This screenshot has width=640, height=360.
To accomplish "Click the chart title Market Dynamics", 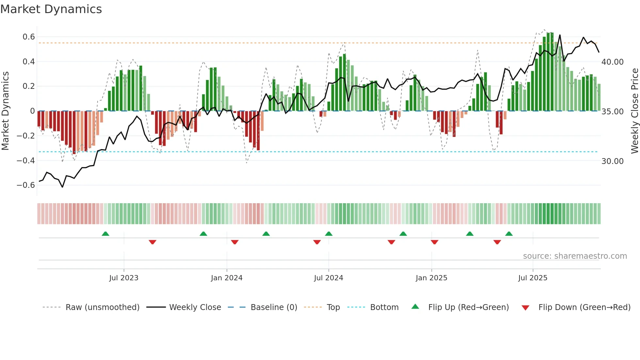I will [51, 9].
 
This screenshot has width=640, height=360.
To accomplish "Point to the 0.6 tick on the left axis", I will [29, 37].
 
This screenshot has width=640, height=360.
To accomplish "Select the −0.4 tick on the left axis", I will [26, 160].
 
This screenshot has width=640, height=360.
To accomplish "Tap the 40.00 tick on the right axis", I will [613, 62].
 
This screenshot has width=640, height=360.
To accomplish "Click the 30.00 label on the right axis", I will [613, 161].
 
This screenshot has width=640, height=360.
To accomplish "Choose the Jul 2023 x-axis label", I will [124, 278].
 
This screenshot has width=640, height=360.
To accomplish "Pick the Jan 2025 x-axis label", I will [431, 278].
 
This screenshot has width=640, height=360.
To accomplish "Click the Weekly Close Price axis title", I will [634, 111].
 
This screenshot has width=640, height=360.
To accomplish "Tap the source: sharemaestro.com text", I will [575, 256].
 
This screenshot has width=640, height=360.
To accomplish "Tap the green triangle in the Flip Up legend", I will [415, 306].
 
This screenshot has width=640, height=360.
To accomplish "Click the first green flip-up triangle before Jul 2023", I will [105, 234].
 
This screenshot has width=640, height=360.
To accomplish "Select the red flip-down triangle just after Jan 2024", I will [235, 242].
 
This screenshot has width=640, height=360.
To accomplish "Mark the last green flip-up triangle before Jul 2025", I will [509, 234].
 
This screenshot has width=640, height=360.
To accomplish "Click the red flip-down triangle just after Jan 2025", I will [434, 242].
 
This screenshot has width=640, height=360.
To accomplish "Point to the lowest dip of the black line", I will [62, 187].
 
